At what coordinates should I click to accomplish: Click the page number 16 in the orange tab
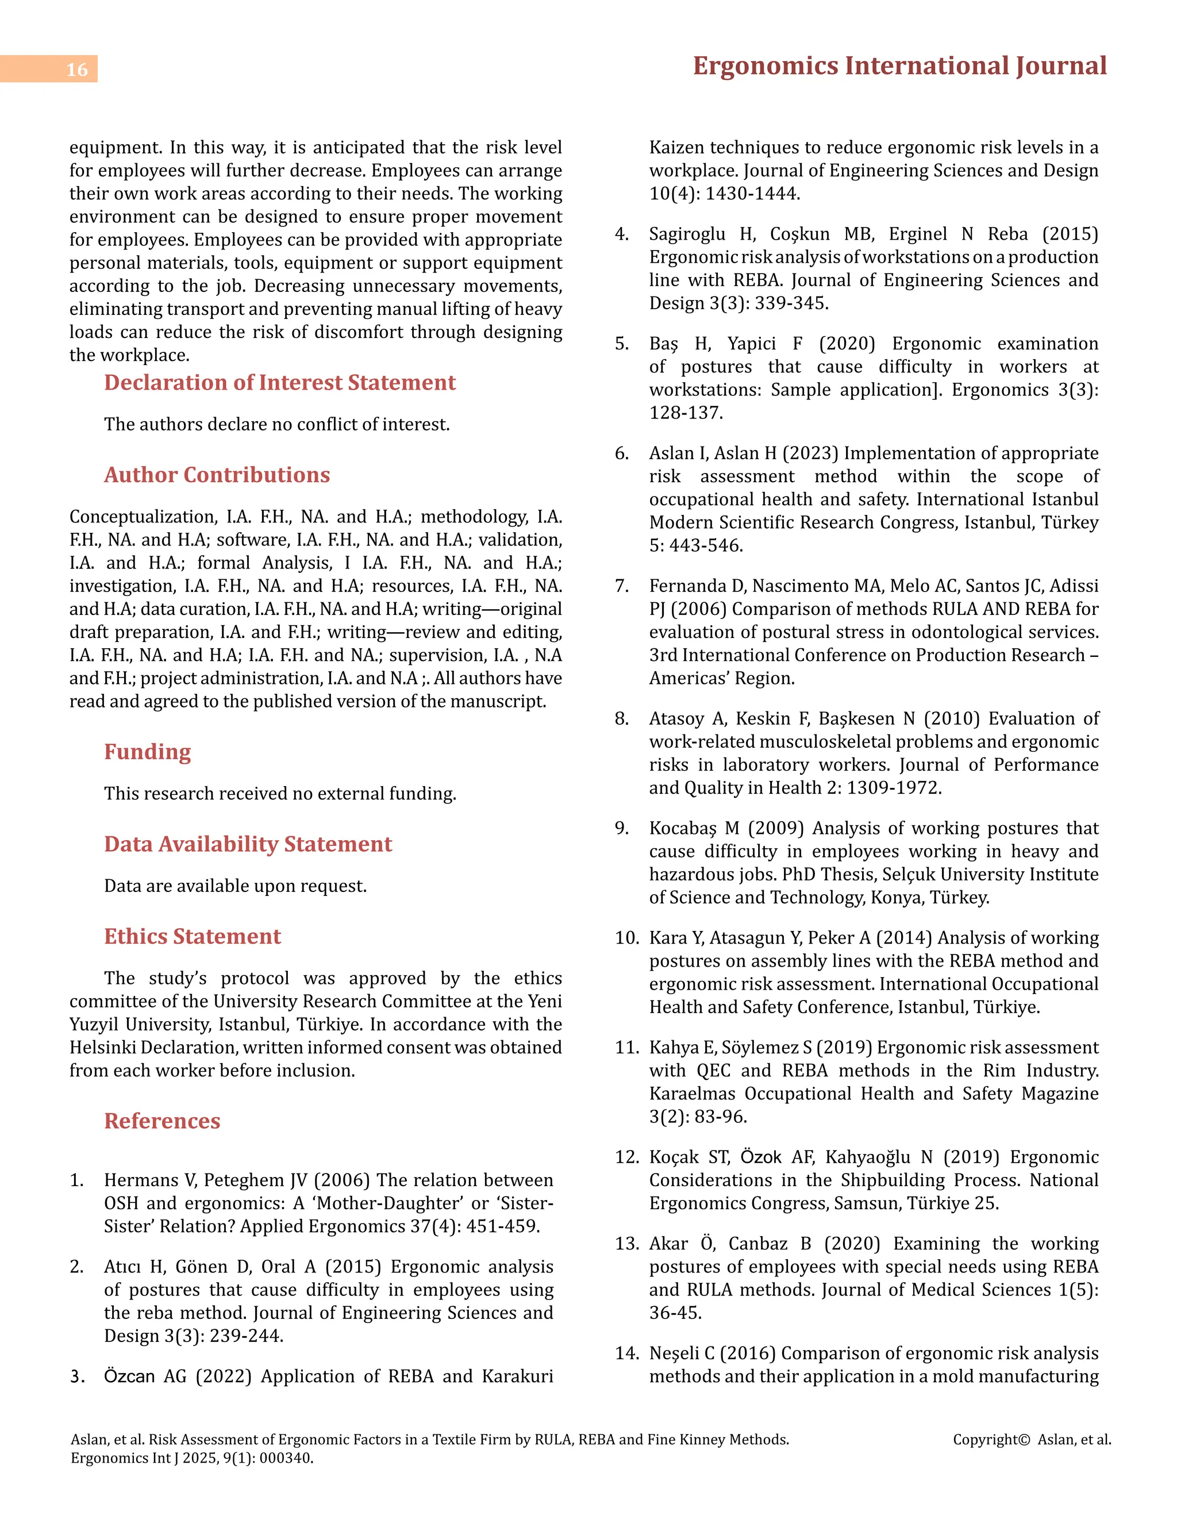(x=76, y=70)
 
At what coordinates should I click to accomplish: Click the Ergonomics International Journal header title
(x=899, y=66)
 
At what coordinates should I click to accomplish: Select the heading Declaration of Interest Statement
(x=280, y=383)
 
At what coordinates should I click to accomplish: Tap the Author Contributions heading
(x=217, y=475)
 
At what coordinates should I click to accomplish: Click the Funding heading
(x=147, y=752)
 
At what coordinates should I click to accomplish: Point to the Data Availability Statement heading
(x=248, y=844)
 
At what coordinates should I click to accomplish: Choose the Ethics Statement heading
(x=193, y=937)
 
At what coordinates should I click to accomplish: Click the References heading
(x=161, y=1121)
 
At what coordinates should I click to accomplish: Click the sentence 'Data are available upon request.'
(x=235, y=886)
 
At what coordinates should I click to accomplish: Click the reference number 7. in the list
(x=622, y=586)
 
